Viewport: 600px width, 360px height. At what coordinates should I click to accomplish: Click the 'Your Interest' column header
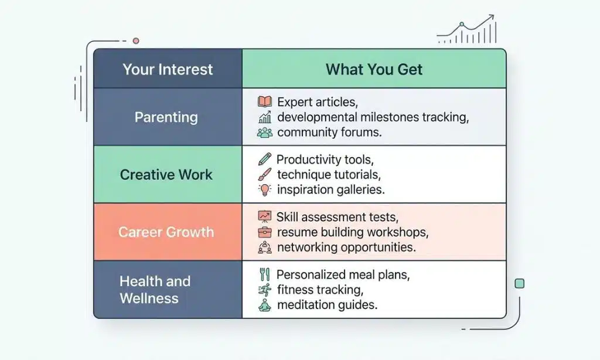tap(168, 69)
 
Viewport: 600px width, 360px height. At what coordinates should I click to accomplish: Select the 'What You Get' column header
tap(374, 69)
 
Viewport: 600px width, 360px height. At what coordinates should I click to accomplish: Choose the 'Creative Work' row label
tap(166, 175)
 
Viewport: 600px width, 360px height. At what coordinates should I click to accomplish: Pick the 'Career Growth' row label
tap(166, 232)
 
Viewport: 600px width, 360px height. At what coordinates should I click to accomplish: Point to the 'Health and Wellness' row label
tap(155, 290)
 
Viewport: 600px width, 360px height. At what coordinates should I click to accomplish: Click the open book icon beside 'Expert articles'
tap(265, 102)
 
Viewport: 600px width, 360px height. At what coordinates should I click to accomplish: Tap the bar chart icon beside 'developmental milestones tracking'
tap(265, 117)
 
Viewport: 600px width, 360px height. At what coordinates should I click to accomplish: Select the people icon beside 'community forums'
tap(265, 133)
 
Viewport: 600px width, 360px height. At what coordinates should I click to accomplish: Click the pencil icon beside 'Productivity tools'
tap(265, 159)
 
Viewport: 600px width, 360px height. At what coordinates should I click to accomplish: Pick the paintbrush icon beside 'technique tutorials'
tap(265, 174)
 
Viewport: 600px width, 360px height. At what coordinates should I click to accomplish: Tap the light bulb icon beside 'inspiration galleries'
tap(265, 190)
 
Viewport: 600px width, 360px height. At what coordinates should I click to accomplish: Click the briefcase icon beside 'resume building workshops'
tap(265, 232)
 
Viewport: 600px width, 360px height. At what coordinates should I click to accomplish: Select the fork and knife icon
tap(264, 274)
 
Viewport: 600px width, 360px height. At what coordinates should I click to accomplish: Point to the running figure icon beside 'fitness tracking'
tap(265, 290)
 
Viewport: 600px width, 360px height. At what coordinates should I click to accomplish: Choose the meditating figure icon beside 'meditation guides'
tap(265, 305)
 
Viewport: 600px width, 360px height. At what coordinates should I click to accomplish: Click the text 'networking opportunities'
tap(346, 247)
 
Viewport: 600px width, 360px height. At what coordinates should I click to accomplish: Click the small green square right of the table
tap(519, 284)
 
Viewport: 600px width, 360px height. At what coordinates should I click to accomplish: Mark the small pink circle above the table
tap(136, 41)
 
